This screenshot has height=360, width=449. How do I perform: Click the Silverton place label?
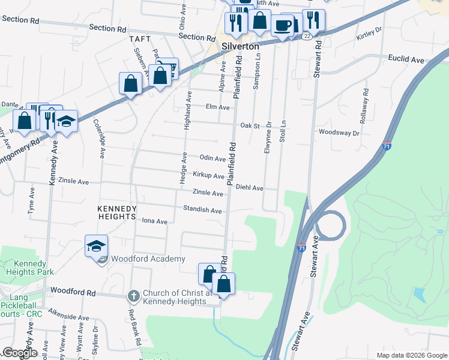[240, 46]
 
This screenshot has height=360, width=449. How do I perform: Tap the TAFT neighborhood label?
[139, 40]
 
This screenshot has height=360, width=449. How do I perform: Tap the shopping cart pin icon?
[167, 69]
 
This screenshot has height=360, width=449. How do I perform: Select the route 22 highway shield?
[307, 36]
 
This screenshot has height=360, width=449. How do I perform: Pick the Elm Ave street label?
[218, 107]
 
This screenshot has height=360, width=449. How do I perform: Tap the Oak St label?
[250, 126]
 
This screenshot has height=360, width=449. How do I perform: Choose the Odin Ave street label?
[212, 158]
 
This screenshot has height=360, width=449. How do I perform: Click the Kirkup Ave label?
[208, 176]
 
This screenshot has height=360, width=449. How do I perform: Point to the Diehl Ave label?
[250, 188]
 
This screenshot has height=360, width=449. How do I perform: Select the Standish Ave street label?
[203, 211]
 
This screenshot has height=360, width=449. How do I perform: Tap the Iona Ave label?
[154, 221]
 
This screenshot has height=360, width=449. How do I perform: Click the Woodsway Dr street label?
[339, 132]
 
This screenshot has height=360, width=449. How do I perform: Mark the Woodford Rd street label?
[73, 292]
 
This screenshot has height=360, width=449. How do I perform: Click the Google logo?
[20, 353]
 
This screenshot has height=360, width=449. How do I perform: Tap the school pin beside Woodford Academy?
[96, 246]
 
